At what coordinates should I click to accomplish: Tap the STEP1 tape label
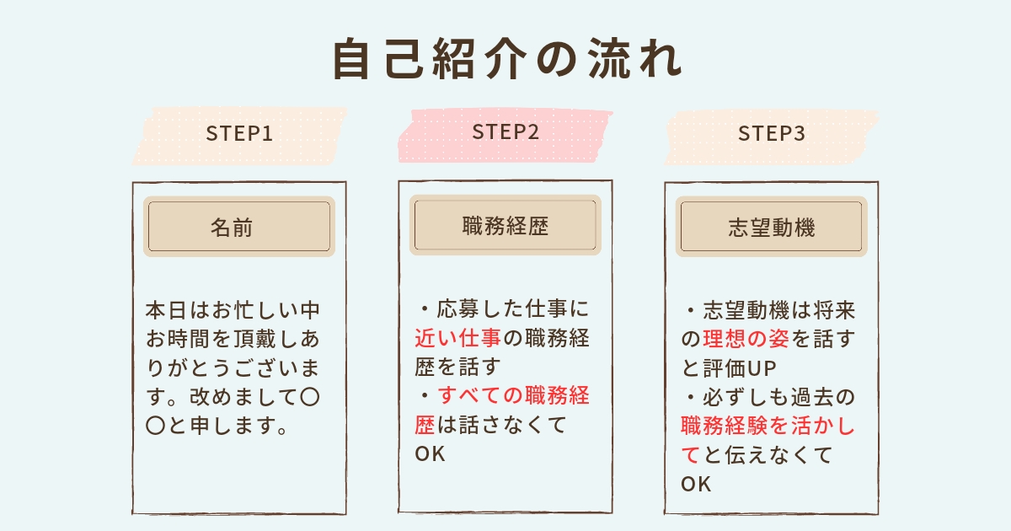point(239,134)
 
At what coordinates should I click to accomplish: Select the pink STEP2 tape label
point(505,132)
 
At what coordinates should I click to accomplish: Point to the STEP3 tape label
point(772,134)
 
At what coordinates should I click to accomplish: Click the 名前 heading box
point(239,227)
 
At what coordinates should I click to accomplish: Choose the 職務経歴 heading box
point(505,226)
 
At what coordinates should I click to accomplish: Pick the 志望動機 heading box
point(772,227)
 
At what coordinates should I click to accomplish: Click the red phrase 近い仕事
point(458,338)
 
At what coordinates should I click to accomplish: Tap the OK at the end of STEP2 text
point(429,455)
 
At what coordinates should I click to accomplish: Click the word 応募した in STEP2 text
point(475,308)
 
